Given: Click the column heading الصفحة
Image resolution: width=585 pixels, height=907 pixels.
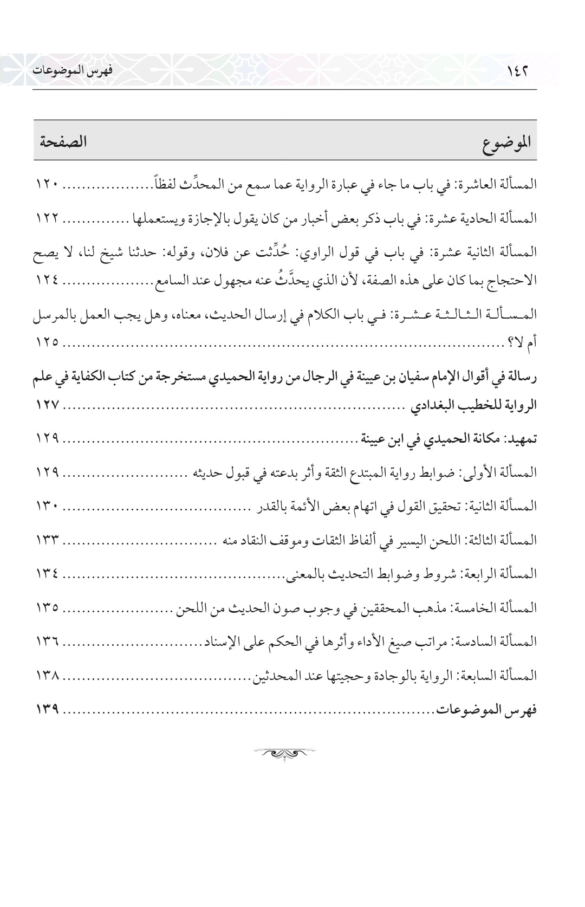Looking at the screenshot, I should (63, 143).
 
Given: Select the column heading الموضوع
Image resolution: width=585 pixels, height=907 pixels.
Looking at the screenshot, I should (506, 145).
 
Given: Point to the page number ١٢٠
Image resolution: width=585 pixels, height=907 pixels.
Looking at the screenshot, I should (48, 185).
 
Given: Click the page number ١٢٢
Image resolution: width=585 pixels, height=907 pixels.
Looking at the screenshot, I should (48, 218).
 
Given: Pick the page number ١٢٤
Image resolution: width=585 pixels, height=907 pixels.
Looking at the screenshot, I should (48, 281).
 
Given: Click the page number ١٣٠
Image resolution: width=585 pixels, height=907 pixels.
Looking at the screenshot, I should (48, 506).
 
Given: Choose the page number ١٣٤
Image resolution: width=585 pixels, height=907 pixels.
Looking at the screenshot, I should (48, 574).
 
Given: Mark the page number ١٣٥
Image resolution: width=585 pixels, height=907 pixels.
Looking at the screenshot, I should (48, 607).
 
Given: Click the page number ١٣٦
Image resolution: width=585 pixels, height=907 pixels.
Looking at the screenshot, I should (48, 642).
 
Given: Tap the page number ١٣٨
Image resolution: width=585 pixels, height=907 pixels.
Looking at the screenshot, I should (48, 675).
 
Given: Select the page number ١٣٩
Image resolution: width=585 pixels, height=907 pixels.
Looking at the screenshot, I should (48, 709).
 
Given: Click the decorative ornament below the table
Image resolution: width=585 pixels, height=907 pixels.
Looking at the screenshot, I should (284, 753).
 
